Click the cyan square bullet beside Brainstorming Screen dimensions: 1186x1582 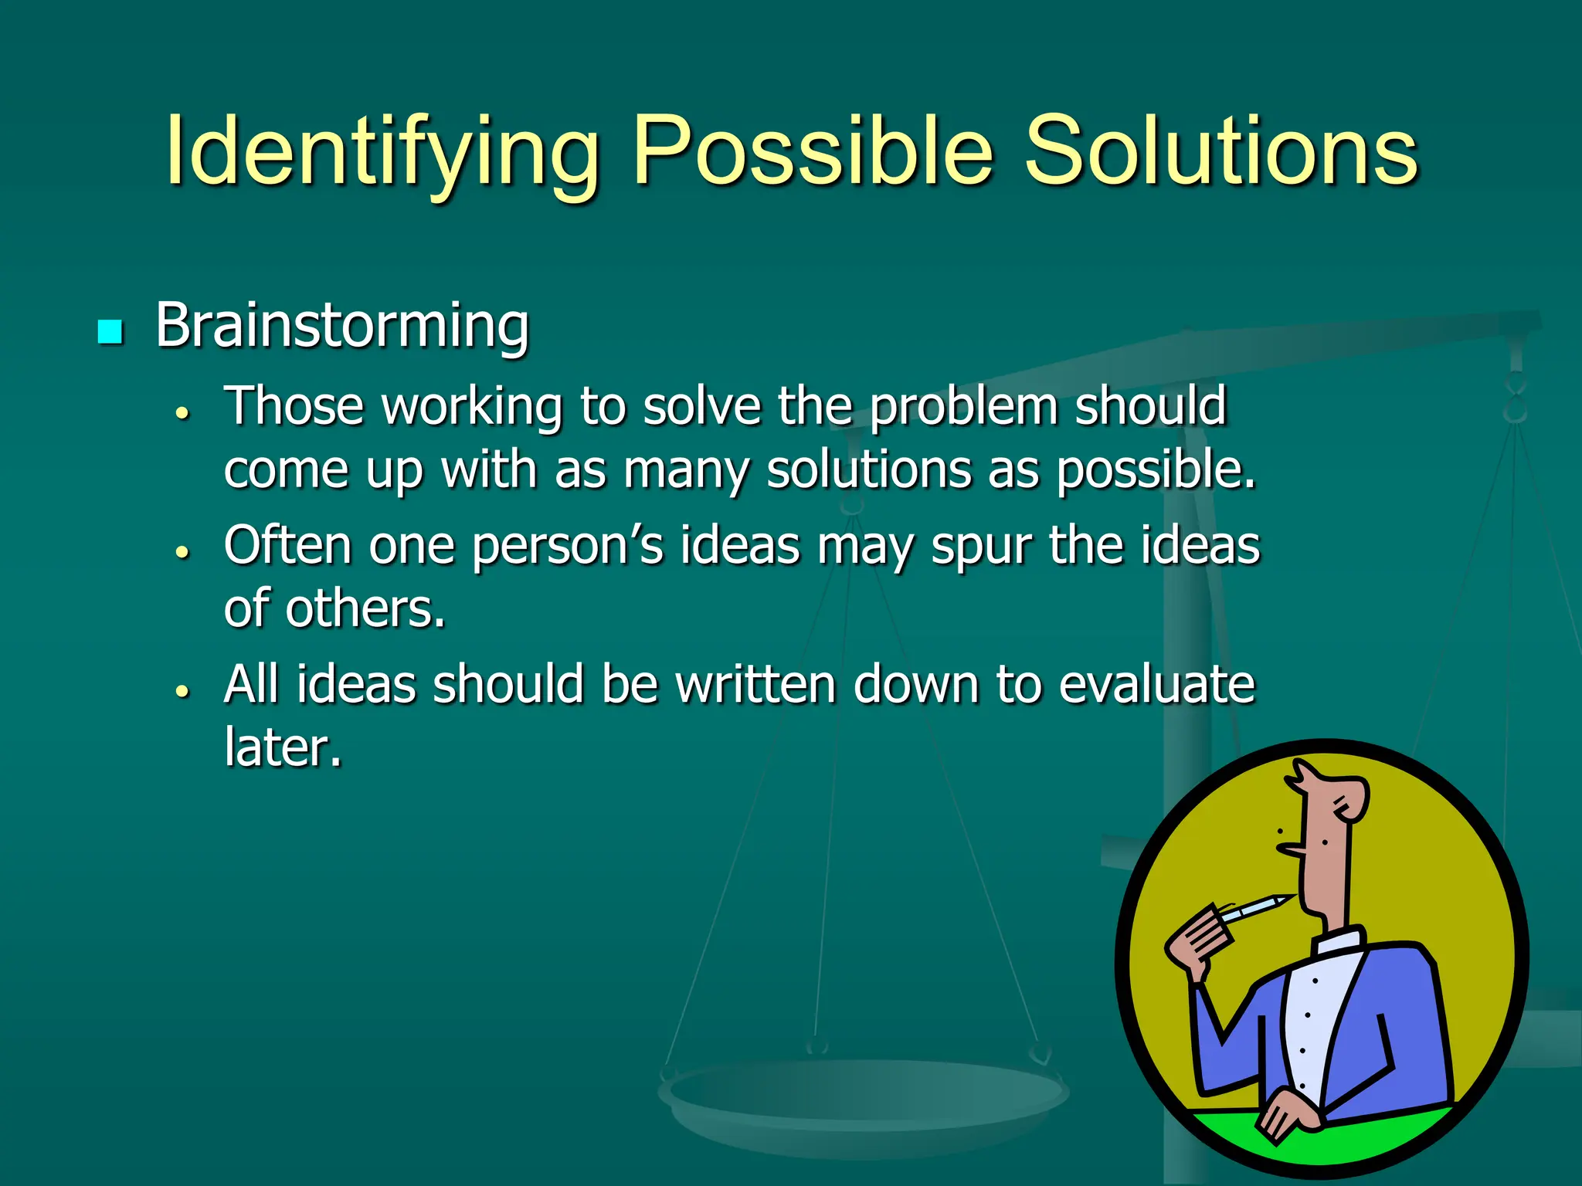point(110,332)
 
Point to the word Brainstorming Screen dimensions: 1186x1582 point(342,326)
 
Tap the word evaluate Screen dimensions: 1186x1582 point(1156,684)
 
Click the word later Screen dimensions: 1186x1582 point(282,747)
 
